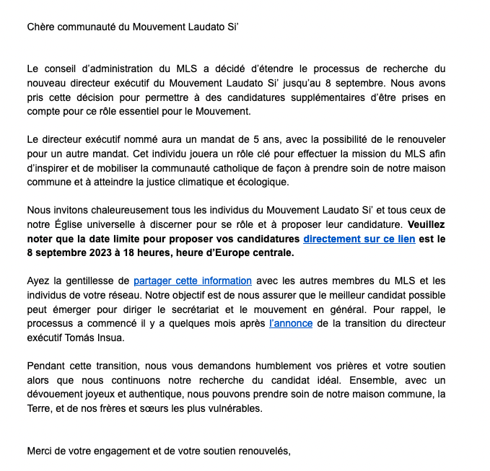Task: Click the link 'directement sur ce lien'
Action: point(359,239)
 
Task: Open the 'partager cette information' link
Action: point(193,281)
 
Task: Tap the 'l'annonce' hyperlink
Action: point(290,324)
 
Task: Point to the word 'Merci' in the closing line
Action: point(41,452)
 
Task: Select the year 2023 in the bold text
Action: point(105,253)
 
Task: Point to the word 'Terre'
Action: point(41,408)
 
